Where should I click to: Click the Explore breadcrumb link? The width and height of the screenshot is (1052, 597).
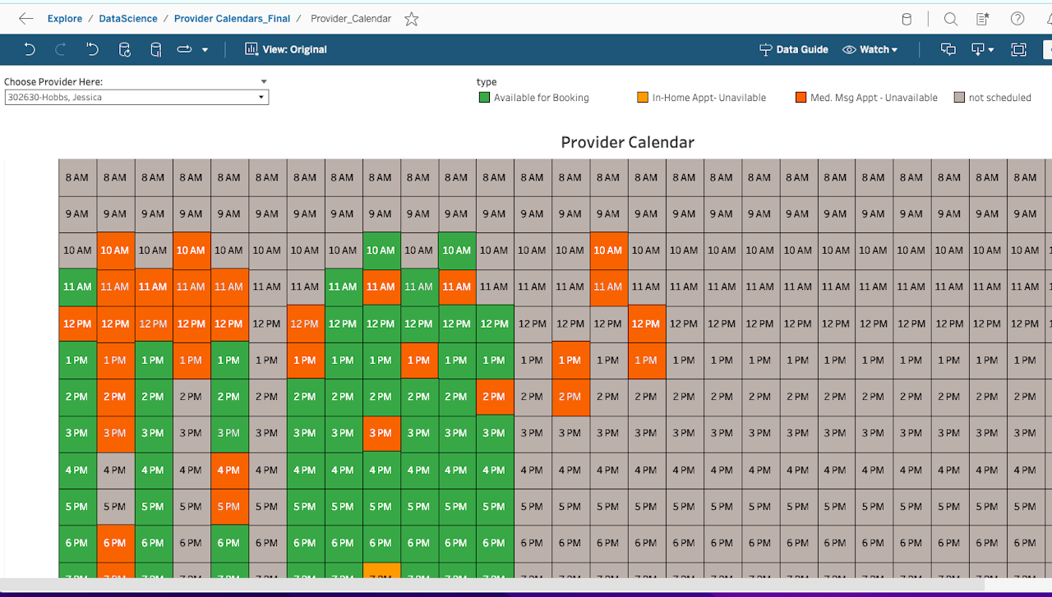(65, 19)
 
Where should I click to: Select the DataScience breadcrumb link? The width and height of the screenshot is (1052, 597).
(127, 19)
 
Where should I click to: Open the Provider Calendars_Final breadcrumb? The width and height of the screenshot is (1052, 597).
(232, 19)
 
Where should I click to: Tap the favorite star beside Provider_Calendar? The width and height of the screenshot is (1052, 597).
(412, 19)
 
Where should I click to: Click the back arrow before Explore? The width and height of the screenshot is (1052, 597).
(25, 19)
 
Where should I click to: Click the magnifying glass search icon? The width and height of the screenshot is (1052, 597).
(951, 19)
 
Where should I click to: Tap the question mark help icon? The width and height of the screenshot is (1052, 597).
(1017, 19)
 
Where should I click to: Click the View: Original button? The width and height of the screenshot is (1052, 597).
(285, 49)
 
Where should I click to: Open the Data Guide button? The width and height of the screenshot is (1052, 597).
(794, 49)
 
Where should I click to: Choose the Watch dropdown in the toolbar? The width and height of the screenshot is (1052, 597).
(870, 49)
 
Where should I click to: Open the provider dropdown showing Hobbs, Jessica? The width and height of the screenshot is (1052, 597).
(136, 97)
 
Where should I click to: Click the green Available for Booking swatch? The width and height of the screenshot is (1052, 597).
(484, 97)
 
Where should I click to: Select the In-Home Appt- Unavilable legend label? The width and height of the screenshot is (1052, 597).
(708, 98)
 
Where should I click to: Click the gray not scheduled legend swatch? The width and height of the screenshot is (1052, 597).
(959, 97)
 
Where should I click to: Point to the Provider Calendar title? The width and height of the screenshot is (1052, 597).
(627, 142)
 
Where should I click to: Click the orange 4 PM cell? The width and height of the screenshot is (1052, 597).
(229, 471)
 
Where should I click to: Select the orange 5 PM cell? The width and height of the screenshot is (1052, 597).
(229, 507)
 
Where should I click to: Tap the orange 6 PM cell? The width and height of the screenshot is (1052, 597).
(116, 543)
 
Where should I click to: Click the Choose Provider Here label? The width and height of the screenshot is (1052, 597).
(53, 81)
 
